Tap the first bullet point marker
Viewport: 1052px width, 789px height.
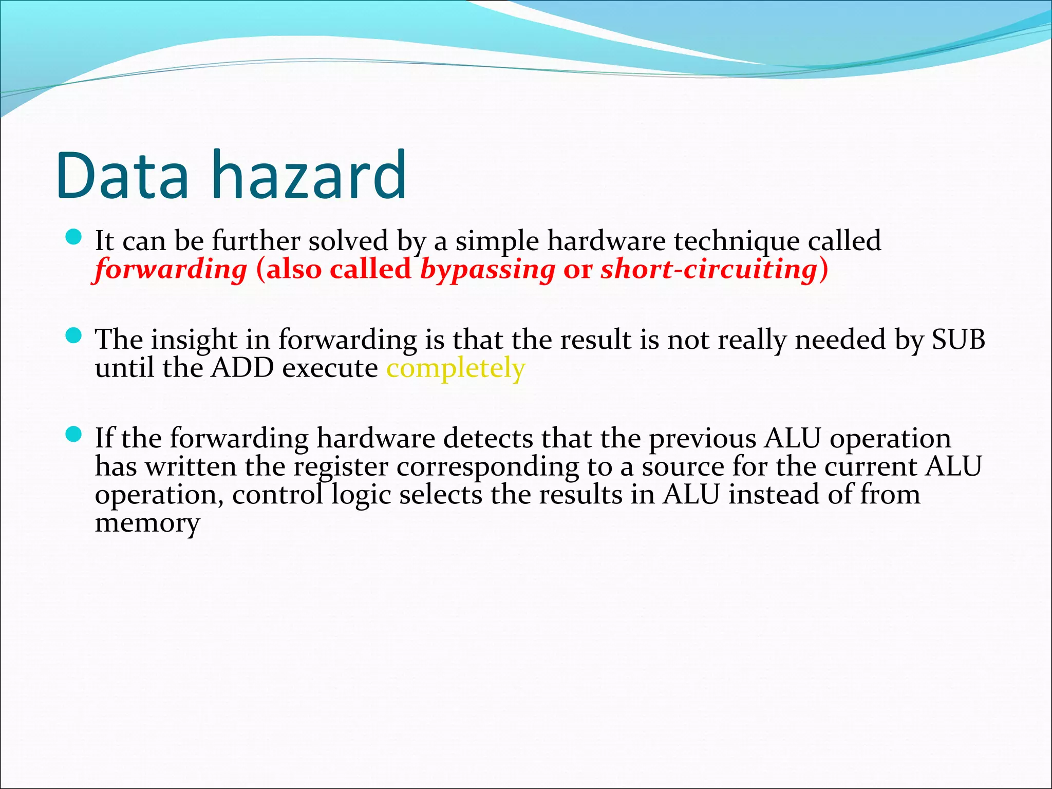(74, 237)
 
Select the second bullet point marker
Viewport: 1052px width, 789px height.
(74, 336)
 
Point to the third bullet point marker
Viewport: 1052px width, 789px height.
(74, 435)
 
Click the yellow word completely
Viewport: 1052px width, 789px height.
(456, 368)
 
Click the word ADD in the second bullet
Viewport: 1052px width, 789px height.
(242, 368)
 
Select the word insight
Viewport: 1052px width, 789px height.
(194, 340)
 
